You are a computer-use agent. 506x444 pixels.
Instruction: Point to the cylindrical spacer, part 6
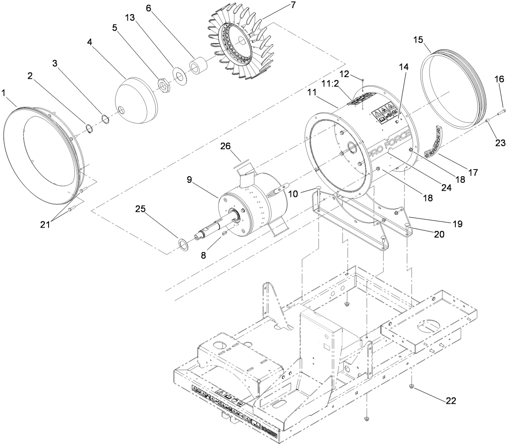[199, 66]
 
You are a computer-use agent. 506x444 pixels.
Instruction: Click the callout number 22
[450, 401]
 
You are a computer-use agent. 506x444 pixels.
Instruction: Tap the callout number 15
[418, 39]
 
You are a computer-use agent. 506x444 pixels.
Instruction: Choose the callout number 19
[457, 224]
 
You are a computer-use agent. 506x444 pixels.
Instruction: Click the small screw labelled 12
[363, 78]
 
